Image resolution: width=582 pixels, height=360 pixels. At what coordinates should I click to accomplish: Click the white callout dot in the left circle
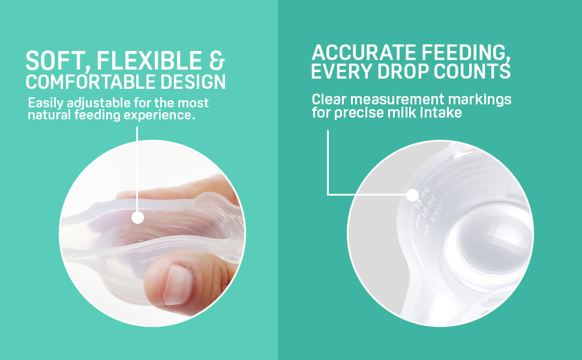[x=137, y=217]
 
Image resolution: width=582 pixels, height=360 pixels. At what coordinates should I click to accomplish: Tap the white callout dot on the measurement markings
[x=412, y=194]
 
